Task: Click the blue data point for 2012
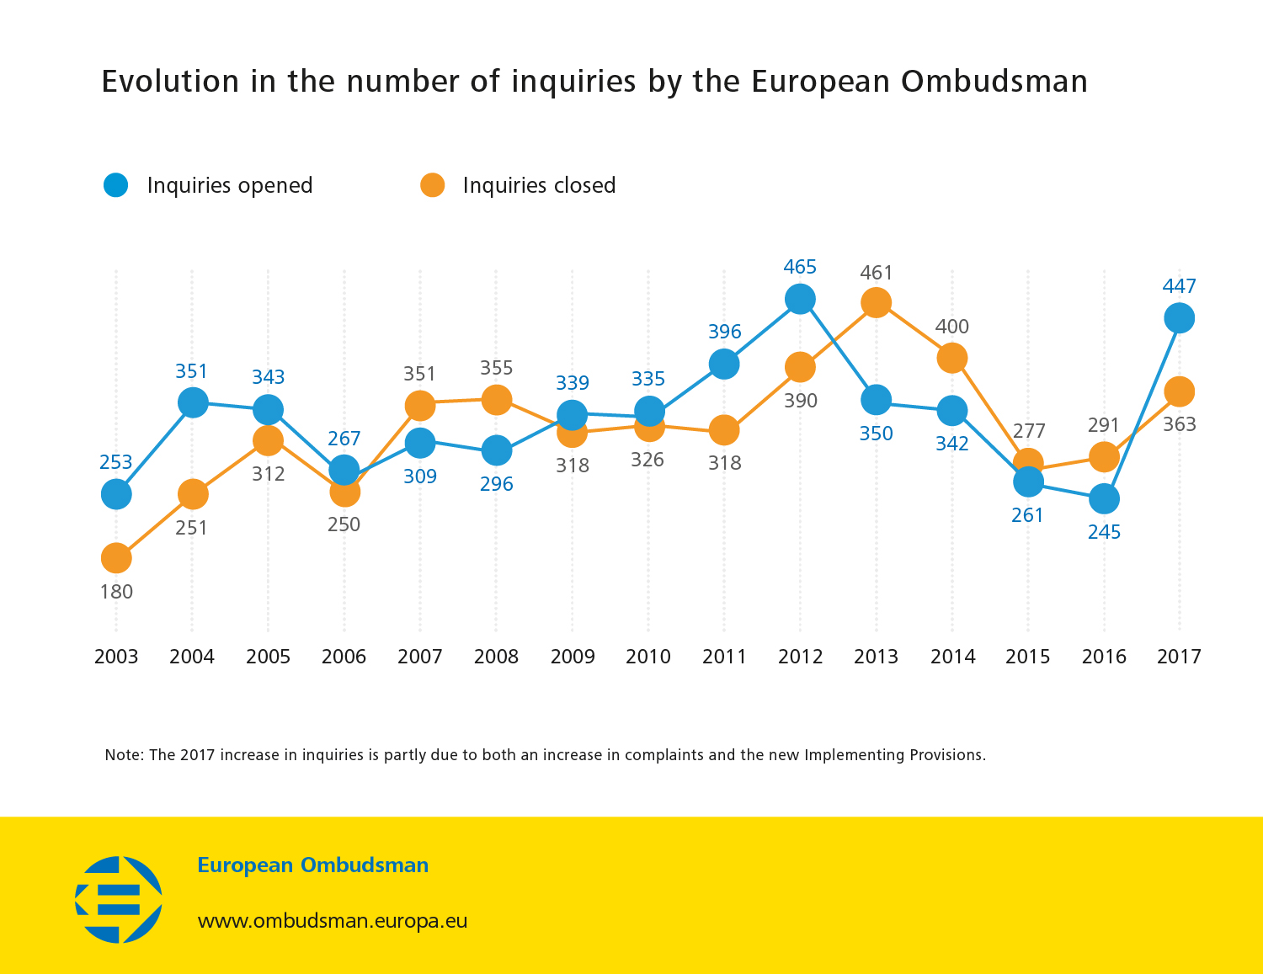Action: [x=800, y=298]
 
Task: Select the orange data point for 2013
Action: [x=877, y=303]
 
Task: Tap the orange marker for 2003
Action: [x=116, y=557]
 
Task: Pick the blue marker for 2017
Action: [x=1179, y=318]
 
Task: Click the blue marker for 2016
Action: [x=1104, y=498]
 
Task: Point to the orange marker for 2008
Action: [x=497, y=400]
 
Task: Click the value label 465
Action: [x=800, y=267]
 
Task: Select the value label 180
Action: [x=116, y=592]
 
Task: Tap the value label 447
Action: [x=1179, y=286]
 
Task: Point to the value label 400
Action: [x=952, y=327]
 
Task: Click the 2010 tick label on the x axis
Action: [x=648, y=657]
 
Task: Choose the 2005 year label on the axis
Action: [x=268, y=657]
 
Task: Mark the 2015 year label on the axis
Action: [x=1028, y=657]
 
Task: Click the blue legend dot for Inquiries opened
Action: [x=116, y=185]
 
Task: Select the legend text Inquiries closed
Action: [x=539, y=185]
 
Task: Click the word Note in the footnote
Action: [x=122, y=755]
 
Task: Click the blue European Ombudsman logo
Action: [x=119, y=899]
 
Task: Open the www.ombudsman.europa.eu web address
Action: [x=333, y=921]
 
